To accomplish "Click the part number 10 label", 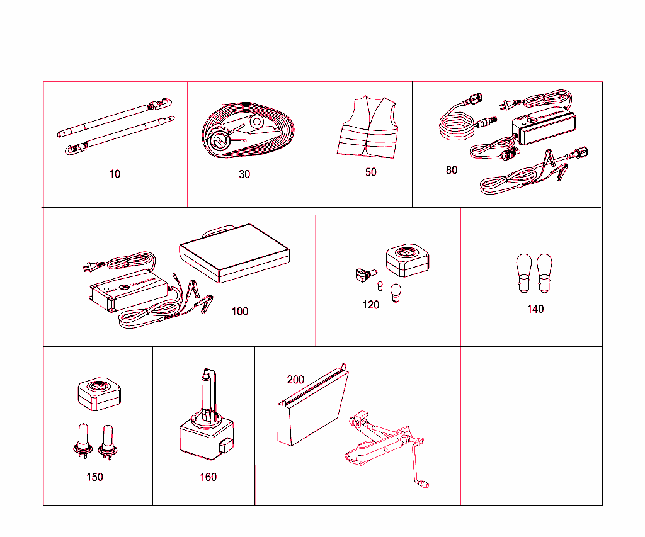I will (x=115, y=174).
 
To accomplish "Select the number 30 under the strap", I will (x=244, y=174).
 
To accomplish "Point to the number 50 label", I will (x=371, y=172).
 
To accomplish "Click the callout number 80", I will (x=452, y=170).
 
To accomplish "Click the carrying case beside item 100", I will (x=234, y=253).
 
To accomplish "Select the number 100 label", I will (x=240, y=312).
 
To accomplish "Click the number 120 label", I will (x=371, y=305).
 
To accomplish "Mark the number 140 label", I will (x=535, y=309).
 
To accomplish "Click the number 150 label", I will (x=94, y=477).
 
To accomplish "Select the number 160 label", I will (x=208, y=477).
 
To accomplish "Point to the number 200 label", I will (x=295, y=380).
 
